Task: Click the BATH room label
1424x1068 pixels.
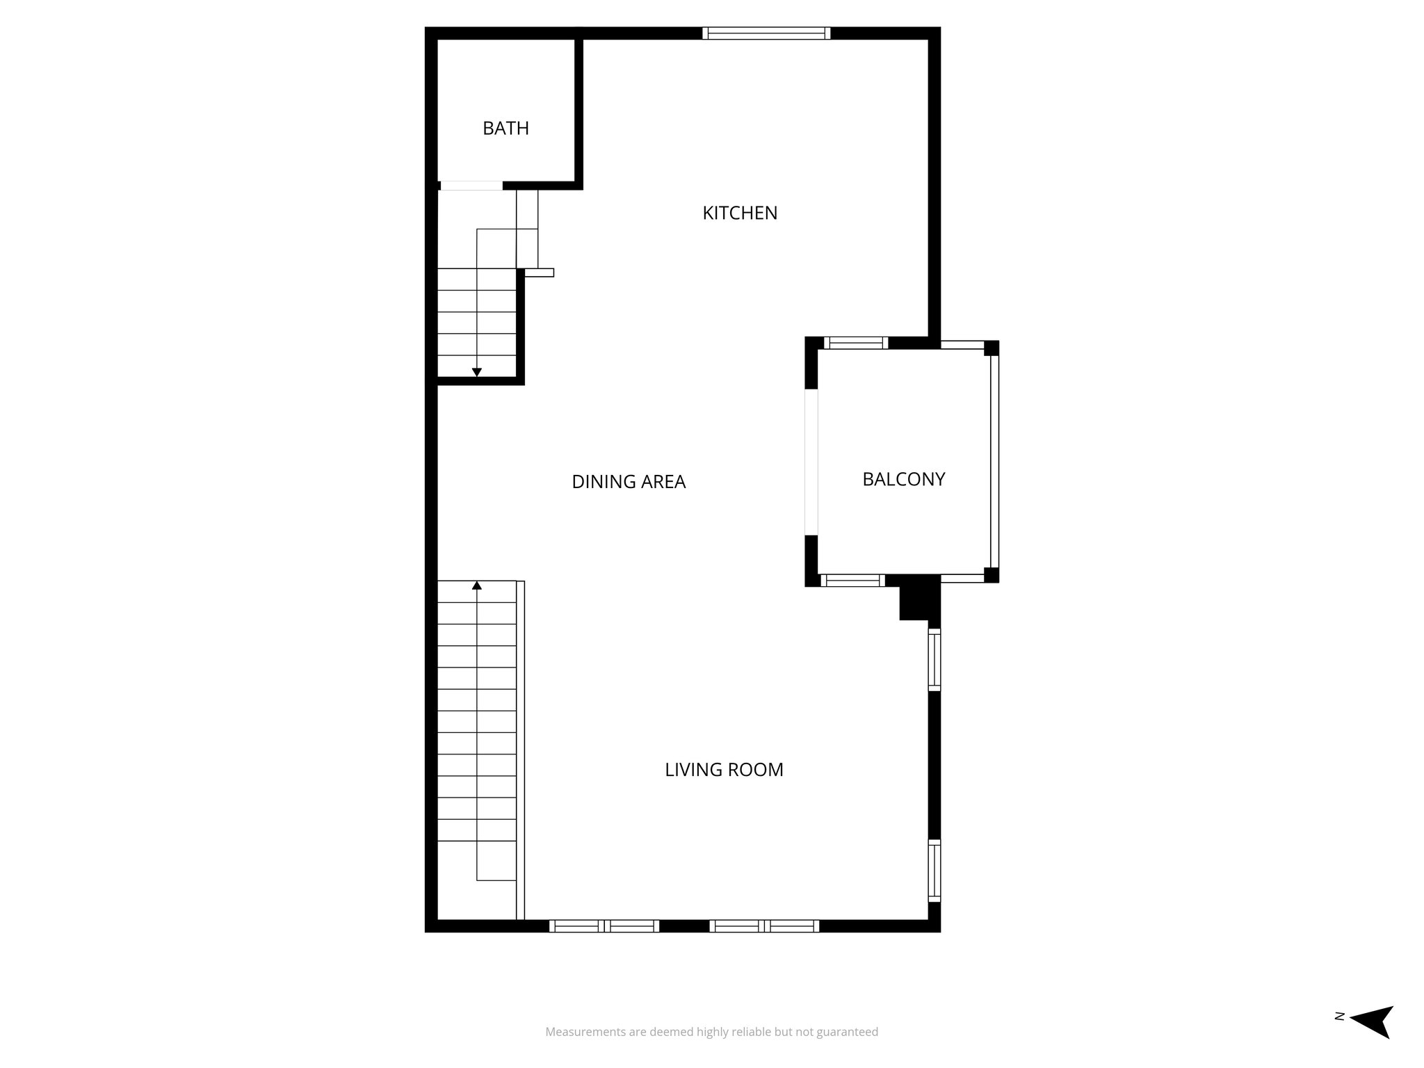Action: (x=505, y=129)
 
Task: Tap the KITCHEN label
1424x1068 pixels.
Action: (x=740, y=213)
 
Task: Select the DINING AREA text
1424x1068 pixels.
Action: (x=629, y=482)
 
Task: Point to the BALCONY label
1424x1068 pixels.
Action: (x=903, y=480)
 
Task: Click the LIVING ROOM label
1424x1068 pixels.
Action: (x=724, y=770)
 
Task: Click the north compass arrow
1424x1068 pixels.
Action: (x=1373, y=1041)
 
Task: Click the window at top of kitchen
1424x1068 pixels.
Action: (x=766, y=33)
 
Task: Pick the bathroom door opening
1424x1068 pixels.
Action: (x=471, y=186)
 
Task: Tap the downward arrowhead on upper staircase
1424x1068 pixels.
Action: (x=477, y=373)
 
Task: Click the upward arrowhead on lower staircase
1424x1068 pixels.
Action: (x=477, y=585)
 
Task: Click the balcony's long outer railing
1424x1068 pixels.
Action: (x=994, y=462)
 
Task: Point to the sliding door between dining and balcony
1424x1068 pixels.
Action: (x=811, y=462)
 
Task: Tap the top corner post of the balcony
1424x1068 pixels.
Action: (x=992, y=348)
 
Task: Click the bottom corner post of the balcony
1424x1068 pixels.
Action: (x=992, y=575)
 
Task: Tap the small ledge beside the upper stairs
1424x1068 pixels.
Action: (x=539, y=273)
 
